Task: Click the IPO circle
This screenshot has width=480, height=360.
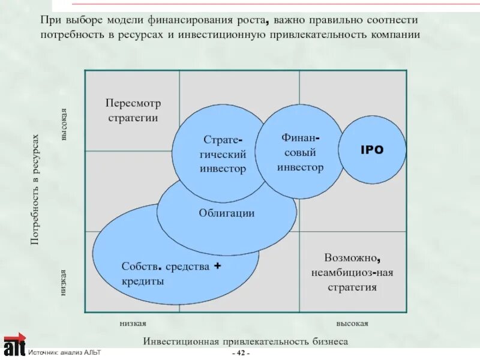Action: coord(371,150)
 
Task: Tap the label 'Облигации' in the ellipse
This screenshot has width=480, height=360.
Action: coord(227,213)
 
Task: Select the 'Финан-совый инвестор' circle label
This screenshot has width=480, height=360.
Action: coord(300,153)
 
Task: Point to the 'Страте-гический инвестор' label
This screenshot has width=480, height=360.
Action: coord(223,154)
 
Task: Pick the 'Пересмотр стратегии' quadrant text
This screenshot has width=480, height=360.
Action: coord(133,110)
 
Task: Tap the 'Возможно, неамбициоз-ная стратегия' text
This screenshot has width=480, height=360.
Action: coord(352,272)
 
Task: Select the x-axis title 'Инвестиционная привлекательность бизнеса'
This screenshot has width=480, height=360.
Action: coord(245,341)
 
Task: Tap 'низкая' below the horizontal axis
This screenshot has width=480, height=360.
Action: coord(133,323)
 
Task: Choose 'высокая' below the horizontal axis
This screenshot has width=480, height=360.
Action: coord(352,323)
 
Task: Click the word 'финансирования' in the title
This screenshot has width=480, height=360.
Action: coord(161,20)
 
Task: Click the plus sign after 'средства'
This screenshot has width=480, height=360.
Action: coord(218,265)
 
